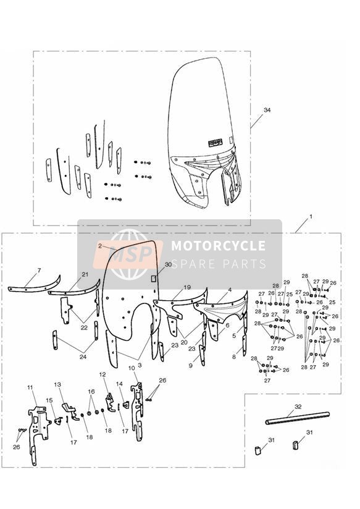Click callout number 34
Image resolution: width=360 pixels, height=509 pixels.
pyautogui.click(x=267, y=110)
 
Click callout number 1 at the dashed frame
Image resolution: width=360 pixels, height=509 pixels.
pyautogui.click(x=311, y=216)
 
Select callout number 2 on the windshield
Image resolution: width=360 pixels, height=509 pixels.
pyautogui.click(x=100, y=246)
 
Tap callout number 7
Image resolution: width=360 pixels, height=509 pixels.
pyautogui.click(x=39, y=271)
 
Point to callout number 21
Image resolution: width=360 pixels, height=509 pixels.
pyautogui.click(x=85, y=275)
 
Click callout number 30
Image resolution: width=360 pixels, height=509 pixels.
pyautogui.click(x=168, y=264)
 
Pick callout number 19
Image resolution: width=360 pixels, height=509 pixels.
pyautogui.click(x=187, y=287)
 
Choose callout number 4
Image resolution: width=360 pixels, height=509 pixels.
pyautogui.click(x=230, y=290)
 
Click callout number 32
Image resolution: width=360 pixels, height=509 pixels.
pyautogui.click(x=298, y=406)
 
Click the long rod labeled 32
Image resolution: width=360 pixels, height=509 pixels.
pyautogui.click(x=298, y=417)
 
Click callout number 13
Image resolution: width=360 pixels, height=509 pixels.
pyautogui.click(x=57, y=385)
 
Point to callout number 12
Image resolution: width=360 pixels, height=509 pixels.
pyautogui.click(x=103, y=374)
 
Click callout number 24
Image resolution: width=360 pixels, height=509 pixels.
pyautogui.click(x=83, y=357)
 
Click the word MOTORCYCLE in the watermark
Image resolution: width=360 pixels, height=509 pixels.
pyautogui.click(x=218, y=246)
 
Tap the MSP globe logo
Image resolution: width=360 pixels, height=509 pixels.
pyautogui.click(x=129, y=254)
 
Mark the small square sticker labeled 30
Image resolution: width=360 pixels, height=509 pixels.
pyautogui.click(x=155, y=279)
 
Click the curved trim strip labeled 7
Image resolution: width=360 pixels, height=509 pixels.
pyautogui.click(x=35, y=285)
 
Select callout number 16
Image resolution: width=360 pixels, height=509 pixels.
pyautogui.click(x=91, y=392)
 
